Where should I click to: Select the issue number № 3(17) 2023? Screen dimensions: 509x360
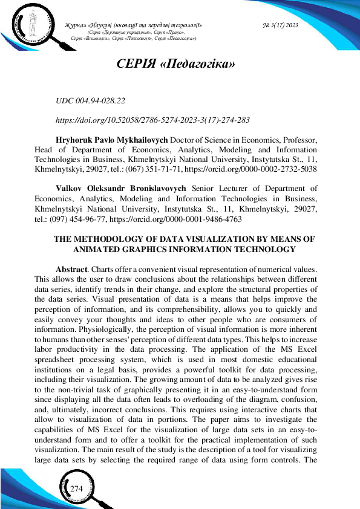tap(281, 25)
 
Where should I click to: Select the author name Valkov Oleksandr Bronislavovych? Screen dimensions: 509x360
tap(120, 189)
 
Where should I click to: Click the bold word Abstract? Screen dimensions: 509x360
tap(73, 268)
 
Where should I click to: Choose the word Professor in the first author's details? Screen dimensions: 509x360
tap(296, 140)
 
